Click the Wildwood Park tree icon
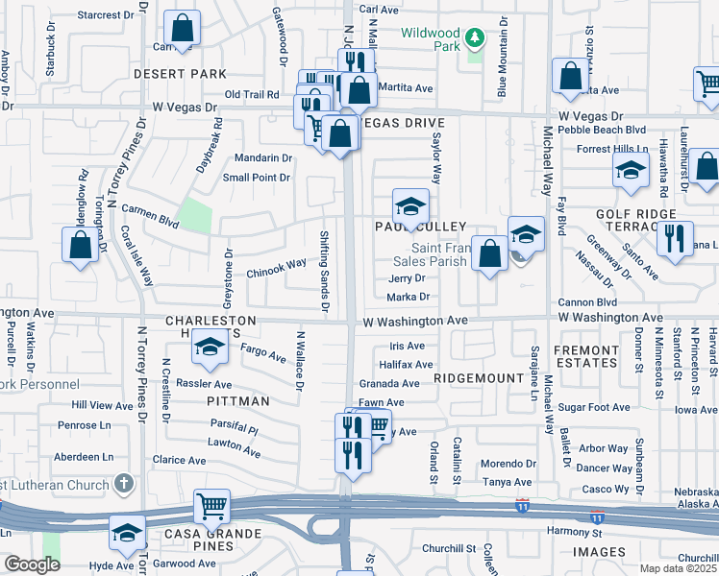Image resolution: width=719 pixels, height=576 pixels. tap(472, 38)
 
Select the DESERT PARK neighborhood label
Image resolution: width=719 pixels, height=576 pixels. tap(180, 74)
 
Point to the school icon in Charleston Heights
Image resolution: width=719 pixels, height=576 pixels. tap(209, 348)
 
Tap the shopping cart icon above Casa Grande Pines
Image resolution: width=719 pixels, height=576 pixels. tap(211, 505)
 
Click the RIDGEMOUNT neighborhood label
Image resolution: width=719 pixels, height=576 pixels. tap(478, 379)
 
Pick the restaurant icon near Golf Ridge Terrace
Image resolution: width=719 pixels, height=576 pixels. tap(675, 236)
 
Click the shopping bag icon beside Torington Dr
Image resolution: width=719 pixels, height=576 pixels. tap(82, 243)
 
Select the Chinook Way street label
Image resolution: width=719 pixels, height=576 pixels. tap(277, 263)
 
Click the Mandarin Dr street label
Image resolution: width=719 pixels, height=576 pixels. tap(263, 158)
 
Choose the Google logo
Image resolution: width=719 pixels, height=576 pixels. tap(32, 564)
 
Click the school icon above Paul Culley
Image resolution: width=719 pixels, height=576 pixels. tap(410, 206)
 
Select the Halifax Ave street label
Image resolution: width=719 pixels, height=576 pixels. tap(407, 365)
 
